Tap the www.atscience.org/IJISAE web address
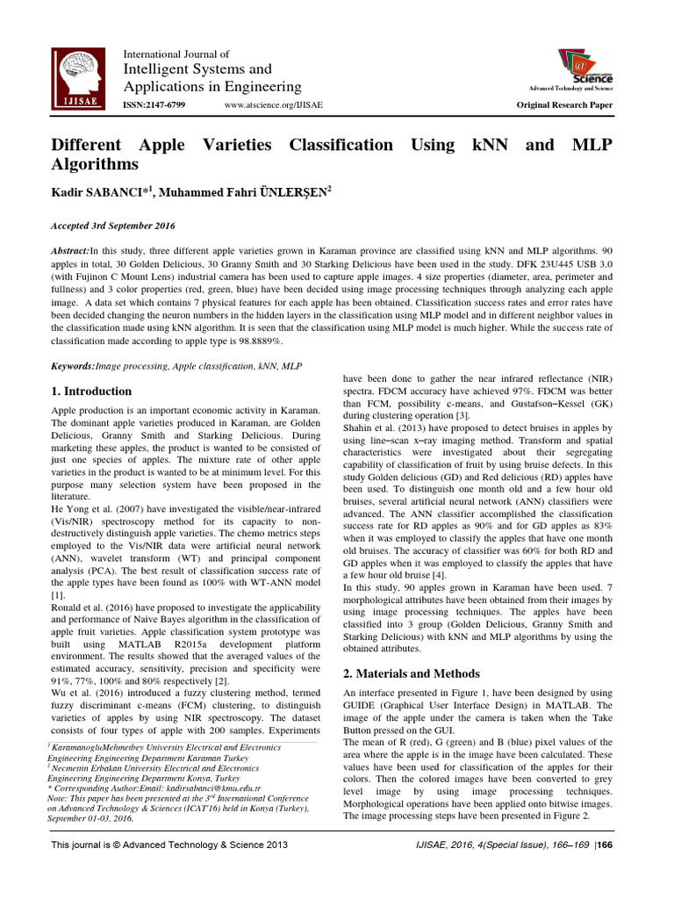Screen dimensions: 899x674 coord(273,104)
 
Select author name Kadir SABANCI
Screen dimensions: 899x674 coord(102,192)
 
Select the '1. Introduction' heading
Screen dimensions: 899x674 coord(91,391)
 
